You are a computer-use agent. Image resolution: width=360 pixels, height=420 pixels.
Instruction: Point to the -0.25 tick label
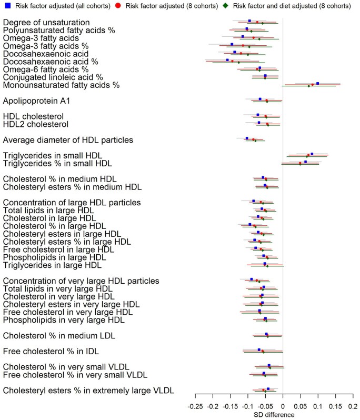pyautogui.click(x=195, y=406)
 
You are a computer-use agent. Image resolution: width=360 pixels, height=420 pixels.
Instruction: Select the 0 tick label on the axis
pyautogui.click(x=283, y=406)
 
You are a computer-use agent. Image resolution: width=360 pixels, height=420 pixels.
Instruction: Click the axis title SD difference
pyautogui.click(x=274, y=415)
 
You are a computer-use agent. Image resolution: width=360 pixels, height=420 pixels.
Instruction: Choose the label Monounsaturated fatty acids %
pyautogui.click(x=61, y=84)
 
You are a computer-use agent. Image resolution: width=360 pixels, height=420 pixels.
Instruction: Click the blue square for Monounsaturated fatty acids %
pyautogui.click(x=317, y=83)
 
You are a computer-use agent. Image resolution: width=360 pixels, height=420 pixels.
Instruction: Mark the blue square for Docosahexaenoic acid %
pyautogui.click(x=227, y=60)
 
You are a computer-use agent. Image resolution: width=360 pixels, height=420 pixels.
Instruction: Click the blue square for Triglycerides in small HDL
pyautogui.click(x=312, y=154)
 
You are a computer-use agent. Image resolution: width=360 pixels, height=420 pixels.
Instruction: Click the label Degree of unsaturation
pyautogui.click(x=46, y=23)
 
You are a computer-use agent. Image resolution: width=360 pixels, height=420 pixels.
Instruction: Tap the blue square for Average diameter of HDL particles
pyautogui.click(x=247, y=138)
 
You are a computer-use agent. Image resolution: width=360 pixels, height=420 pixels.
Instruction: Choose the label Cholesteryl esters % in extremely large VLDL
pyautogui.click(x=88, y=390)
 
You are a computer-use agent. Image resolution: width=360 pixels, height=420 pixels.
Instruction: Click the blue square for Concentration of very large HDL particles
pyautogui.click(x=252, y=279)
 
